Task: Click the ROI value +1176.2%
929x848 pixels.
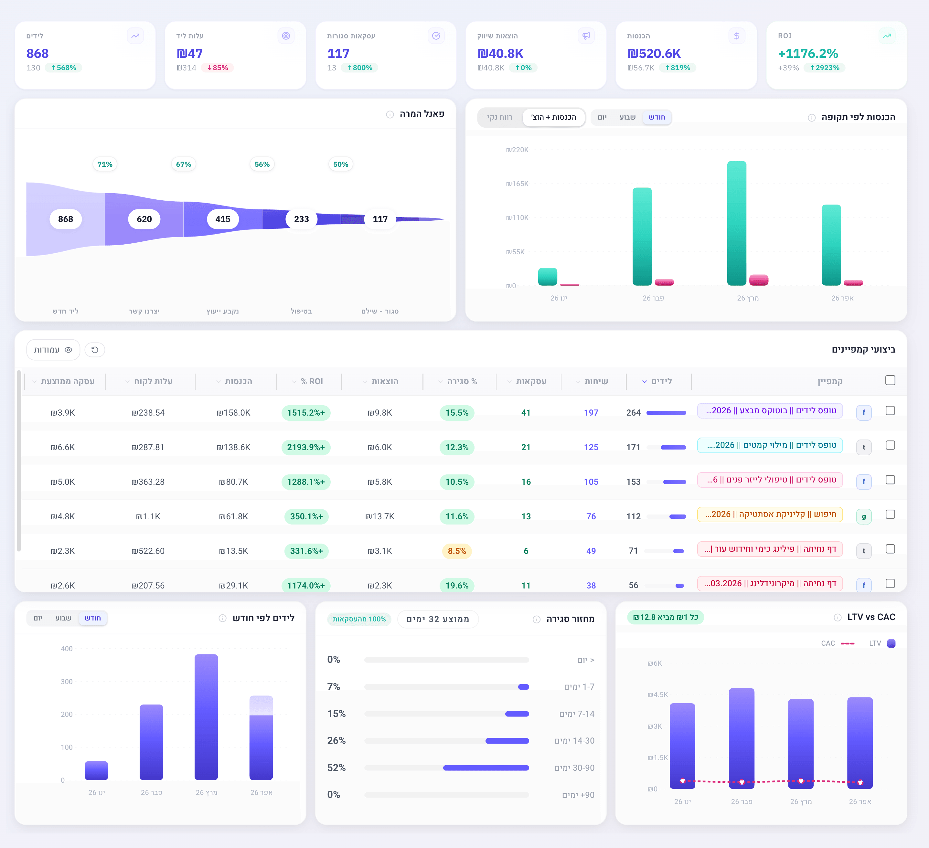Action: (808, 53)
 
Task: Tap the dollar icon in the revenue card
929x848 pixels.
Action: (736, 36)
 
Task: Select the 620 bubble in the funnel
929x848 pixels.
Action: (144, 219)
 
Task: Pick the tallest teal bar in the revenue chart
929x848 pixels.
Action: (736, 223)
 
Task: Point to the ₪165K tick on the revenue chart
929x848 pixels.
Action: (517, 184)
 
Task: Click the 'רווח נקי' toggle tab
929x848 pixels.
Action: (500, 117)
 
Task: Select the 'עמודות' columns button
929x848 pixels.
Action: (53, 350)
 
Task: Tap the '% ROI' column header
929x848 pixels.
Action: (312, 381)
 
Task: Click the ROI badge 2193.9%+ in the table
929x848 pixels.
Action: (305, 447)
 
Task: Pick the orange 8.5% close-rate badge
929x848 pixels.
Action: (457, 551)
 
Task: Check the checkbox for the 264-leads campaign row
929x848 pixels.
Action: (890, 410)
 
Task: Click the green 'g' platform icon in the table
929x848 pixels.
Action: (864, 516)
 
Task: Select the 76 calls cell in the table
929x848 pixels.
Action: (591, 516)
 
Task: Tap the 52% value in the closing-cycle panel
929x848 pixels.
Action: (336, 768)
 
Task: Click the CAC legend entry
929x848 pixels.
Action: (837, 643)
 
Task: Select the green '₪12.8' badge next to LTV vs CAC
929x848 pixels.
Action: (665, 617)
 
